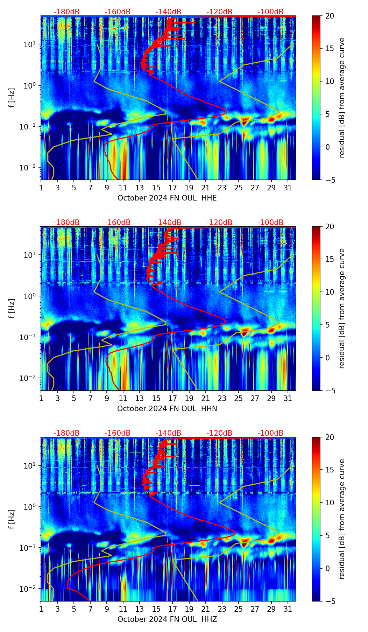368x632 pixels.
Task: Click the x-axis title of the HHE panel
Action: click(x=167, y=198)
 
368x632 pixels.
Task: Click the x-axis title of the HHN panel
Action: click(x=167, y=409)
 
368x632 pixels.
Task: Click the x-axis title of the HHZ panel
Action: click(x=167, y=619)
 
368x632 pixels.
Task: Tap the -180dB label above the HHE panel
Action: click(x=66, y=12)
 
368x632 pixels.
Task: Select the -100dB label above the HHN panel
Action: click(x=270, y=223)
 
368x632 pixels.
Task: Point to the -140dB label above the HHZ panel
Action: click(x=168, y=433)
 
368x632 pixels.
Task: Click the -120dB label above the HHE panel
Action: click(x=219, y=12)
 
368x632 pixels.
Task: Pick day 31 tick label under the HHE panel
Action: click(x=288, y=188)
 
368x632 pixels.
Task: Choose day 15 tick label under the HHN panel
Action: click(x=156, y=398)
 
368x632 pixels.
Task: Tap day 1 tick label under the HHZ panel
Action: click(x=41, y=609)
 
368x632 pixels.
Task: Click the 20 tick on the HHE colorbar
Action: click(x=330, y=16)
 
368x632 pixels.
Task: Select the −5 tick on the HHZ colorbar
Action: click(x=330, y=601)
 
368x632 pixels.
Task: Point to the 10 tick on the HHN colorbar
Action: click(x=330, y=292)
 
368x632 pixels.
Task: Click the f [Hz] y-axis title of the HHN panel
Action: click(x=12, y=309)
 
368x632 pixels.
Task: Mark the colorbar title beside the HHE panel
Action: click(x=342, y=98)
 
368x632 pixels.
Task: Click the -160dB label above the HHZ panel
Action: click(x=118, y=433)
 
